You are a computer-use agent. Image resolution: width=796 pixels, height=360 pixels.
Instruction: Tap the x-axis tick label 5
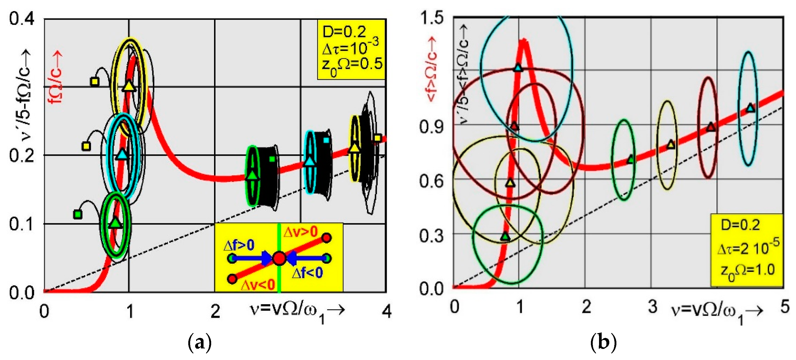pos(784,307)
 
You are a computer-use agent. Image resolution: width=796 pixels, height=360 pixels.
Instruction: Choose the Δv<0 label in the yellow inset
pos(257,285)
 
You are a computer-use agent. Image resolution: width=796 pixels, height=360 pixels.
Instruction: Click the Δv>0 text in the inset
pos(300,231)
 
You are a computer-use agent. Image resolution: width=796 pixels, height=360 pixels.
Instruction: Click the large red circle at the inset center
pos(279,258)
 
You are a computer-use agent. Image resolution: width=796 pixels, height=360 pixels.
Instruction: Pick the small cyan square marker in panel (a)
pos(326,140)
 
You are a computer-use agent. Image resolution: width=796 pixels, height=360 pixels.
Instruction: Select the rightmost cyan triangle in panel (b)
pos(750,108)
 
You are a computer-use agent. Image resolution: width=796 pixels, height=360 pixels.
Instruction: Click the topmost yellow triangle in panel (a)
pos(129,86)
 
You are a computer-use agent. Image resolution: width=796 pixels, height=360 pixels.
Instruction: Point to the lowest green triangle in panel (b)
pos(505,236)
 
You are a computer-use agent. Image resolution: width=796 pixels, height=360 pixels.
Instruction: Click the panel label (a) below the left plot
pos(200,342)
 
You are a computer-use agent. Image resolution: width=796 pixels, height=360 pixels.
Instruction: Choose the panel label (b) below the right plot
pos(603,342)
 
